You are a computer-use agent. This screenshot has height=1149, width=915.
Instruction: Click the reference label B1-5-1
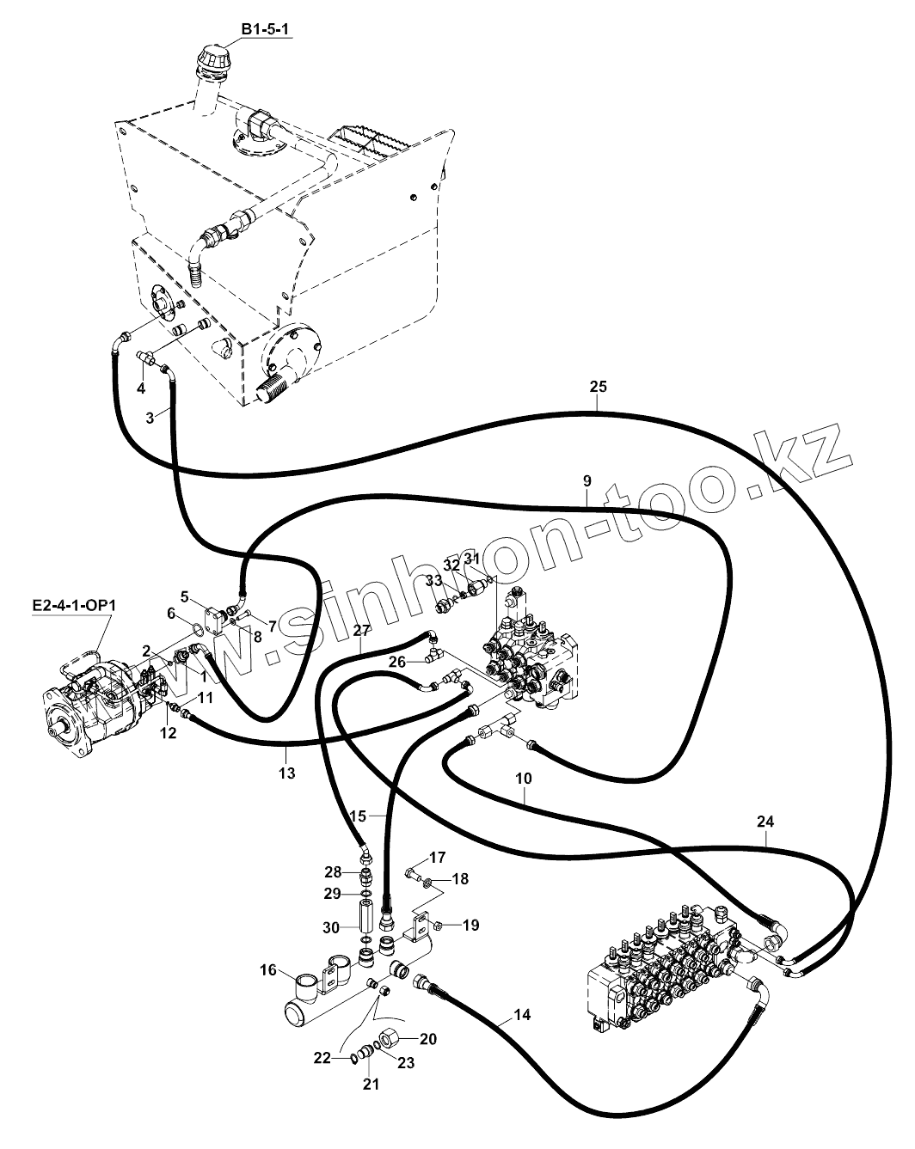click(x=266, y=30)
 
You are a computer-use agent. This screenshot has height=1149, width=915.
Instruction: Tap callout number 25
click(x=599, y=387)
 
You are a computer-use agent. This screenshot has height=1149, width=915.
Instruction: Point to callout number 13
click(x=286, y=773)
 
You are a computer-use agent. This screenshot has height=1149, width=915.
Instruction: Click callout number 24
click(x=765, y=822)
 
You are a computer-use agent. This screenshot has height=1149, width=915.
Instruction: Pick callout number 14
click(x=522, y=1015)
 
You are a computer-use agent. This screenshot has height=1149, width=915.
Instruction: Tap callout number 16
click(x=267, y=970)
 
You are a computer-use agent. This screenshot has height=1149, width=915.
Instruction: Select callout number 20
click(x=428, y=1039)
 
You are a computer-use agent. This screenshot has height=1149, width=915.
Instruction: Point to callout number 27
click(x=360, y=632)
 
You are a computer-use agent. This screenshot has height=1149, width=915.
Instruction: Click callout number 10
click(x=524, y=779)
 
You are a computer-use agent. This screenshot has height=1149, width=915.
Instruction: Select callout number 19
click(x=470, y=926)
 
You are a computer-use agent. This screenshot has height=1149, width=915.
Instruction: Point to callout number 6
click(x=171, y=614)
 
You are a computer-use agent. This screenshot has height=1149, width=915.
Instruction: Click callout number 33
click(x=433, y=581)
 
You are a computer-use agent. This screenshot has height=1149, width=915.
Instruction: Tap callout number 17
click(x=438, y=857)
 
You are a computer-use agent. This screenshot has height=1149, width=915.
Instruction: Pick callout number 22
click(x=322, y=1059)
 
